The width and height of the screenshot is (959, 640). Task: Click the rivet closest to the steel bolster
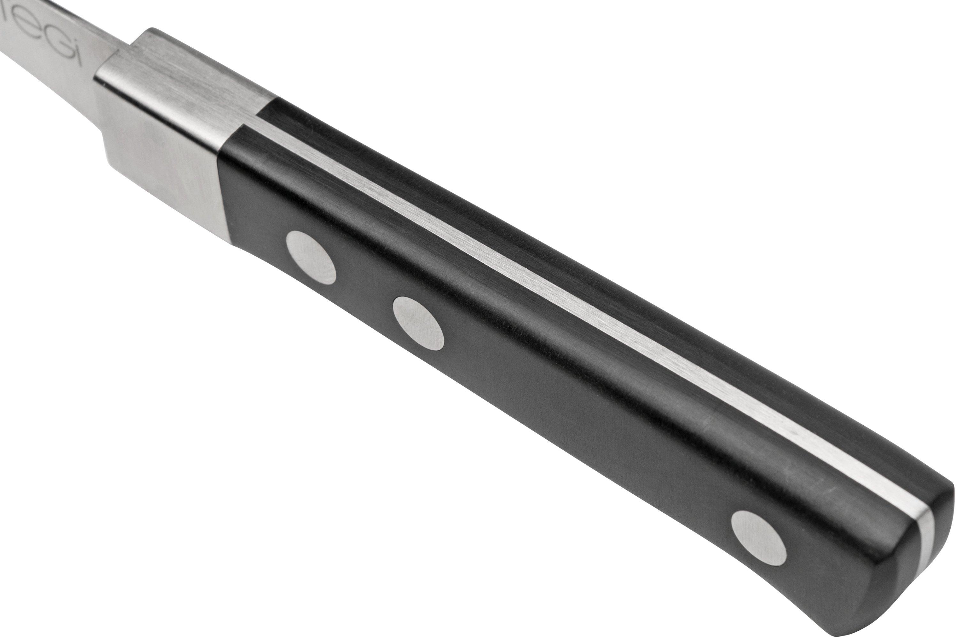[311, 257]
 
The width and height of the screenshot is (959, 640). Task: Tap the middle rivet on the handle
[418, 323]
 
